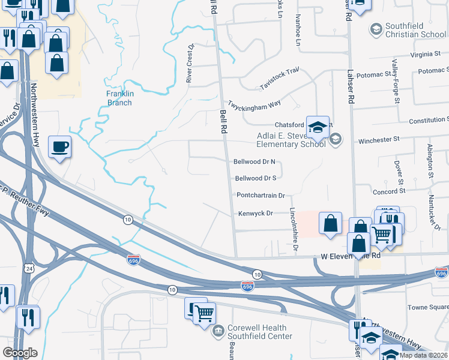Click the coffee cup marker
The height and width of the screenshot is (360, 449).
coord(60,146)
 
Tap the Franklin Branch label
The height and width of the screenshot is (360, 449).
coord(119,98)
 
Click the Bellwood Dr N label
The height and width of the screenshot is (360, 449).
coord(255,161)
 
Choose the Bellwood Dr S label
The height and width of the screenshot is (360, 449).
coord(256,178)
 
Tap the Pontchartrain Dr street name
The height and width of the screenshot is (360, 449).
coord(260,196)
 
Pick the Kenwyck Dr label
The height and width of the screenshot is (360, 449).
coord(256,213)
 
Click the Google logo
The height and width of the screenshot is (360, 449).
coord(20,353)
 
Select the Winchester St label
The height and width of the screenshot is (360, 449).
coord(379,140)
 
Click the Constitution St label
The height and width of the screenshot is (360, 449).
coord(429,121)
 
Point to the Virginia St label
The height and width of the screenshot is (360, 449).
coord(426,54)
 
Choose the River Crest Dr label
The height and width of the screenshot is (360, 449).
coord(190,64)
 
